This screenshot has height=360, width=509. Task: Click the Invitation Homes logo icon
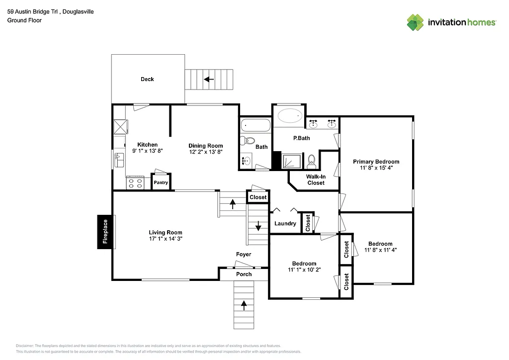pos(416,22)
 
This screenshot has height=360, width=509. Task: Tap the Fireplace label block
pos(105,232)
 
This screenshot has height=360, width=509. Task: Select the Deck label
pos(147,79)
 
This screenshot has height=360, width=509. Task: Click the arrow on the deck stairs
pos(209,79)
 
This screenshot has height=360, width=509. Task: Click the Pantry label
pos(161,182)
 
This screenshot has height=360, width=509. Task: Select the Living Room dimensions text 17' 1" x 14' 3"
pos(166,239)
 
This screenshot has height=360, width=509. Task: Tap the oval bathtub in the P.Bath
pos(289,116)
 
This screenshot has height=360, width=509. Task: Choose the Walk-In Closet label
pos(316,180)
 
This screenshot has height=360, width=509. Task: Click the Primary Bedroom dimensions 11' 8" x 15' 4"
pos(376,168)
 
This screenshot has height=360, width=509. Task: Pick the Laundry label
pos(285,224)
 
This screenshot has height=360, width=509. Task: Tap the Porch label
pos(244,274)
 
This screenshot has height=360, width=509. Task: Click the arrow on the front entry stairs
pos(244,304)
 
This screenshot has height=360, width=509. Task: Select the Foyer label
pos(244,254)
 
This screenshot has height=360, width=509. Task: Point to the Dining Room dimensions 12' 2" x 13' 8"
pos(205,151)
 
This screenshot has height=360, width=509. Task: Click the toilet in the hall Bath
pos(249,141)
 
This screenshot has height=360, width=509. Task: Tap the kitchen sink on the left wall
pos(119,160)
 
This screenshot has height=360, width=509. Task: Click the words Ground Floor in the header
pos(24,20)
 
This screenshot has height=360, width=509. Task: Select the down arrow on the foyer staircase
pos(258,226)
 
